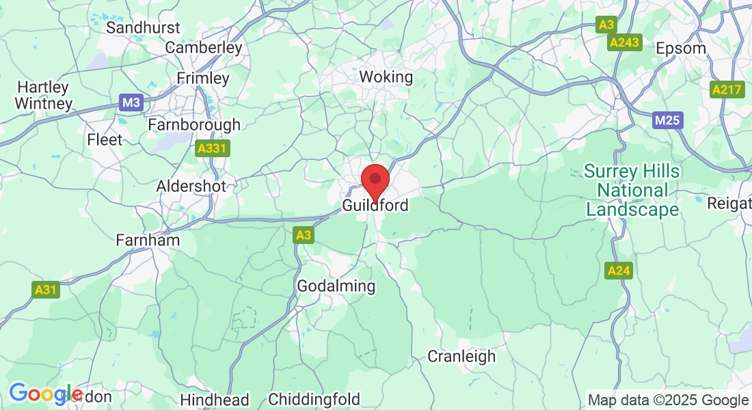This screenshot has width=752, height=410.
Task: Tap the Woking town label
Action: (x=386, y=77)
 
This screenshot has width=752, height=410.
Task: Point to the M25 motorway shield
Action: (x=667, y=121)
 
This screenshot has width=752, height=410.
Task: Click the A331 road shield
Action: (x=212, y=148)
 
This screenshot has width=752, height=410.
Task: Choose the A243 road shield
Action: (x=624, y=42)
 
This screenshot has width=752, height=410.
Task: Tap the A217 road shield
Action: (x=727, y=90)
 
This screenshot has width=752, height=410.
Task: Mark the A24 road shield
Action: (x=619, y=271)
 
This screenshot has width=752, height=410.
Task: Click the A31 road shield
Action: (x=46, y=290)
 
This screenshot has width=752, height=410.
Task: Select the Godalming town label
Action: (x=336, y=286)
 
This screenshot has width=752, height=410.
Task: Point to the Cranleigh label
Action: (x=461, y=356)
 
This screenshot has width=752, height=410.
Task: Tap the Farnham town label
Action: (x=148, y=240)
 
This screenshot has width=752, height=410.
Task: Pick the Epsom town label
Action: (x=680, y=49)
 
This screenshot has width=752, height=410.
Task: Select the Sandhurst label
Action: (x=144, y=27)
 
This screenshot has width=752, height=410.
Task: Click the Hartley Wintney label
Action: (x=44, y=96)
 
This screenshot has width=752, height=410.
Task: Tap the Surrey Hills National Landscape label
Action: (x=632, y=190)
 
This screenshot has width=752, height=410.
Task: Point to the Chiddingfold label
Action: (x=314, y=399)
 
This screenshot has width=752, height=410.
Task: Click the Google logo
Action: (x=45, y=394)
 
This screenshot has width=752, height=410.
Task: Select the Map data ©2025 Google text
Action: (x=668, y=400)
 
